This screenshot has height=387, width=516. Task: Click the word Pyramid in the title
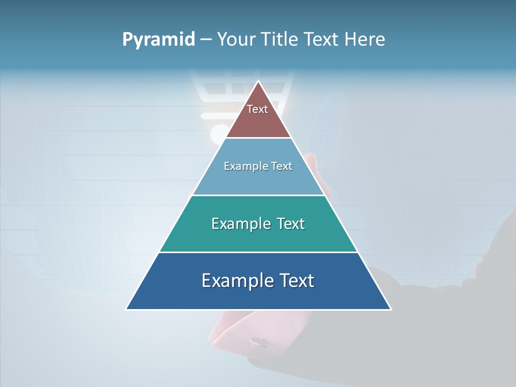click(x=158, y=40)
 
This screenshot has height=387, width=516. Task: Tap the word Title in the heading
click(x=283, y=40)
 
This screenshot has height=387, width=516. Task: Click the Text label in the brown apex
click(x=257, y=109)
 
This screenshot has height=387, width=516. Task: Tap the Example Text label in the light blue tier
click(x=258, y=166)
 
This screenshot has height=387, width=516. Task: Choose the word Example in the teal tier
click(x=239, y=224)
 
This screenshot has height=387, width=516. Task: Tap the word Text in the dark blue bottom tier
click(x=296, y=281)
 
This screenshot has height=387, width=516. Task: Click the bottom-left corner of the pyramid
click(x=127, y=309)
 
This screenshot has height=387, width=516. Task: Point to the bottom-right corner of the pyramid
click(x=390, y=309)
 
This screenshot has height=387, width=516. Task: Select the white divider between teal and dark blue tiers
click(x=258, y=252)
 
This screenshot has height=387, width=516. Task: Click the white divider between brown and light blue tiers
click(x=258, y=138)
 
